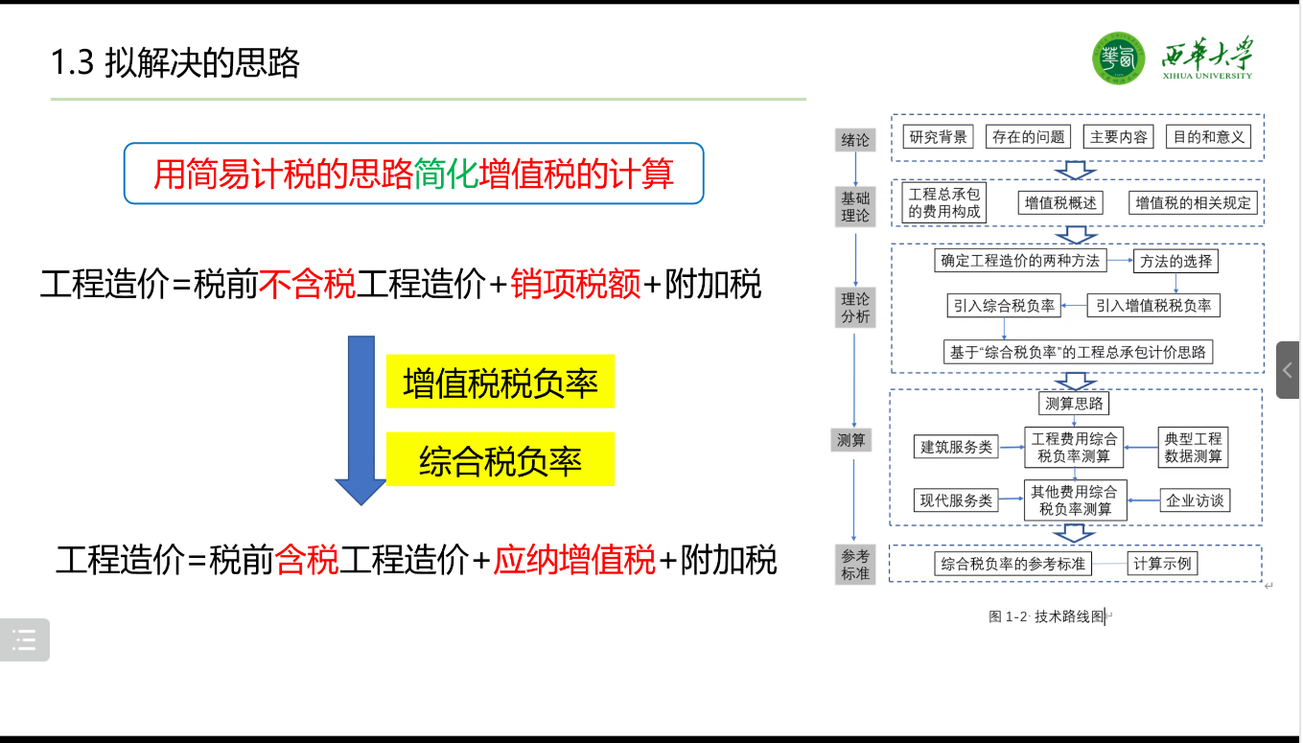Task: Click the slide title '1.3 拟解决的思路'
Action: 175,63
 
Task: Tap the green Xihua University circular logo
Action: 1118,58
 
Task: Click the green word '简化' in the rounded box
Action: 446,174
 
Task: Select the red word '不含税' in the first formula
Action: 307,285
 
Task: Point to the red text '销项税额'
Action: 575,285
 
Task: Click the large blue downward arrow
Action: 361,419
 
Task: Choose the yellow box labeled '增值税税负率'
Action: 500,383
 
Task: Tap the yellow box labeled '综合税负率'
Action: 500,461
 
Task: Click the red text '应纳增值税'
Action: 573,560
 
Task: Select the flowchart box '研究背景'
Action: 939,137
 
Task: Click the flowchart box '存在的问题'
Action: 1028,137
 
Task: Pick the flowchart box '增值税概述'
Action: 1060,203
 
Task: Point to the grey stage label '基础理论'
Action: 855,207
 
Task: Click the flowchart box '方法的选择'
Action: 1175,261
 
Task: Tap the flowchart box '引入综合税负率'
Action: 1003,306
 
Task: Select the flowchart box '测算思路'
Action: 1074,403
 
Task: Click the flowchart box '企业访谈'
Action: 1194,500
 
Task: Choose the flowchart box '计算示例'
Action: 1162,564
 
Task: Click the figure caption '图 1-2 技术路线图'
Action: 1047,617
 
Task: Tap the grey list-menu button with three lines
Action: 25,639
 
